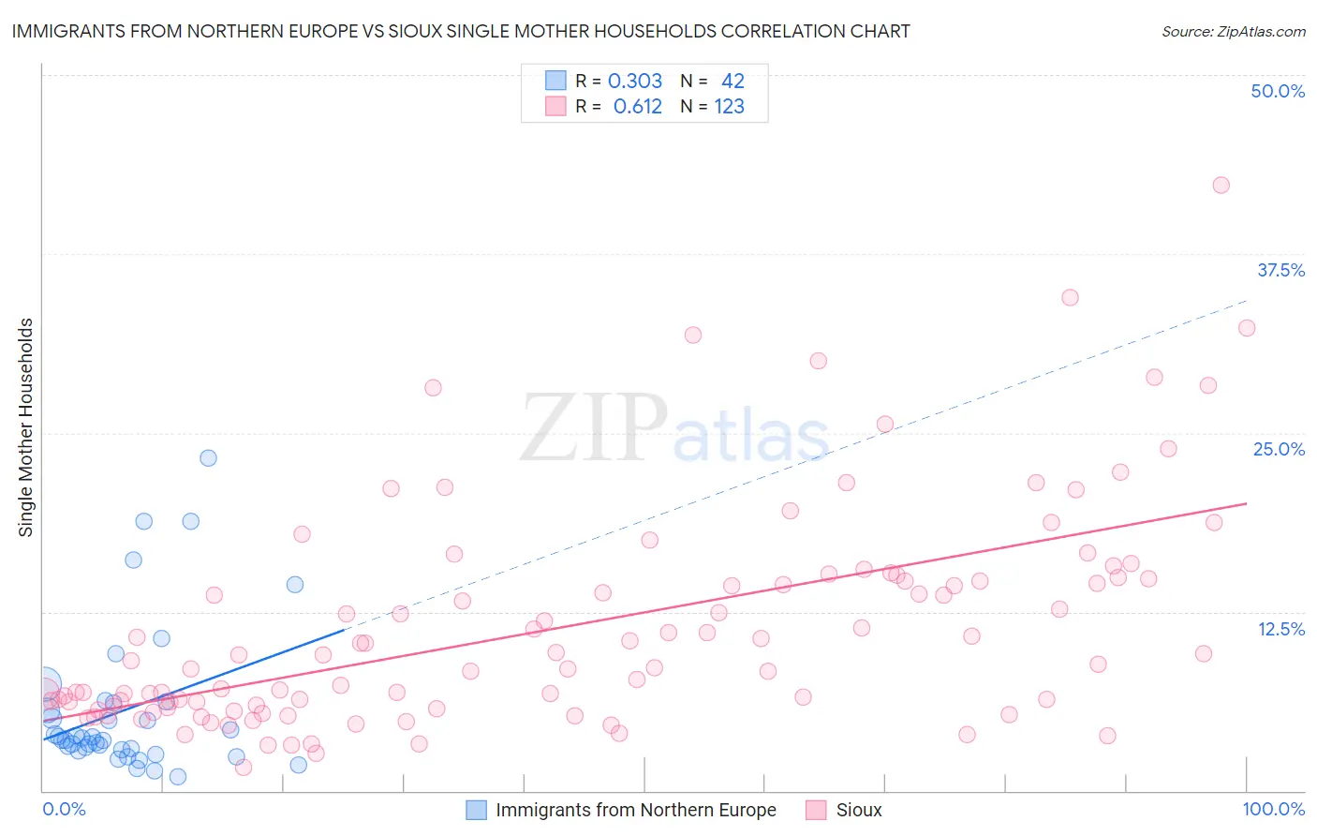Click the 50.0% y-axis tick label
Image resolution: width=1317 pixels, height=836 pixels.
[x=1278, y=91]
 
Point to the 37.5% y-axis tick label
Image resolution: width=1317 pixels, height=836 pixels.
[x=1280, y=270]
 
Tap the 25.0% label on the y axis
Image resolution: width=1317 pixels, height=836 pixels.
[x=1279, y=449]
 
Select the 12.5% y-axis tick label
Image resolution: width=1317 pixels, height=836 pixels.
[x=1280, y=629]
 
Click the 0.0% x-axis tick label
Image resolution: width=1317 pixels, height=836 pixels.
[x=64, y=809]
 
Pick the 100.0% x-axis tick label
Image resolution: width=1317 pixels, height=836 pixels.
[x=1273, y=809]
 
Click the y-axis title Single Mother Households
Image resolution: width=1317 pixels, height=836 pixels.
[x=26, y=427]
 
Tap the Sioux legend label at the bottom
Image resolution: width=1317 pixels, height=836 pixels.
[x=859, y=810]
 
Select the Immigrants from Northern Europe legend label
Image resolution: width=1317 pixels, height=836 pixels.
[x=636, y=810]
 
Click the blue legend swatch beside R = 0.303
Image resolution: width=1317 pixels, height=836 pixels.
[x=555, y=81]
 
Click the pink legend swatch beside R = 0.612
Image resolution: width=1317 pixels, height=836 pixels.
[x=555, y=107]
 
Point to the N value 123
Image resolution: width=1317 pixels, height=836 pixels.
[x=729, y=107]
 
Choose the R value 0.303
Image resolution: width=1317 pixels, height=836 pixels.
[x=635, y=81]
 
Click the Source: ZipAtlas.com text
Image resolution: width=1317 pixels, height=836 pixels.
[x=1233, y=32]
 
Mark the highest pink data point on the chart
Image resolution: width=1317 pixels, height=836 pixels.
[x=1221, y=185]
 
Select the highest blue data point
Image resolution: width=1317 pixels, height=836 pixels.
[x=208, y=458]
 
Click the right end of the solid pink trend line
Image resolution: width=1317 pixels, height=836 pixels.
[x=1247, y=503]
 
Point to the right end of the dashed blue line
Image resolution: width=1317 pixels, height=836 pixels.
[x=1247, y=300]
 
